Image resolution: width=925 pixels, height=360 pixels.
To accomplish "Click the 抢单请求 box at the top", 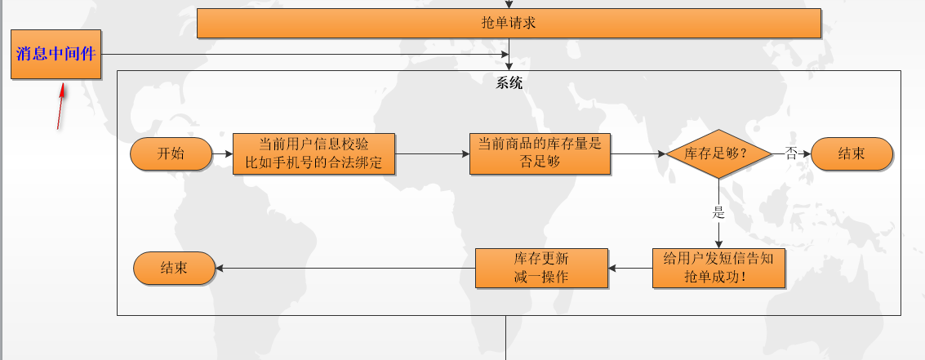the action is tap(508, 23).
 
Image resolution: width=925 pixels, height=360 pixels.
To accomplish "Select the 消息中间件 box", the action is tap(56, 55).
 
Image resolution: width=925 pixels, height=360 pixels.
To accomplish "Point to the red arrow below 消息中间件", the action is tap(61, 105).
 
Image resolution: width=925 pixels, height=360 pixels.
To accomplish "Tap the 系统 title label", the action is tap(509, 82).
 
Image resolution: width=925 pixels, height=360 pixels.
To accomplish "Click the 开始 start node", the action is tap(171, 153).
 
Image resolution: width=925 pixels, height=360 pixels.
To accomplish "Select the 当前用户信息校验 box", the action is tap(314, 153).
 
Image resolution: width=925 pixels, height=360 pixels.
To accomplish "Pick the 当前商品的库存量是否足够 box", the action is tap(539, 153).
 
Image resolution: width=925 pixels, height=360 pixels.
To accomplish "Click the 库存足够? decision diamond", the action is tap(718, 153).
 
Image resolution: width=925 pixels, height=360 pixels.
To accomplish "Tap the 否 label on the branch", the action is tap(791, 153).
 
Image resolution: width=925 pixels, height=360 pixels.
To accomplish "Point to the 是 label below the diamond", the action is tap(718, 214).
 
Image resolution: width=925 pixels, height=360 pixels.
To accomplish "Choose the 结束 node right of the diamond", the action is tap(852, 153).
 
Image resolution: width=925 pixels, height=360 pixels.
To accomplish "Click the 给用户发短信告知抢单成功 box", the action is tap(718, 268).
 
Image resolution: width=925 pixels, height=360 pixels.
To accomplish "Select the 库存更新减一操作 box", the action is tap(541, 268).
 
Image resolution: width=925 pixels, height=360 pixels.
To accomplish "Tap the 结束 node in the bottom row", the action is tap(174, 268).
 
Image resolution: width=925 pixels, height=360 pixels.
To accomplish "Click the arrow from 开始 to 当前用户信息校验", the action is tap(222, 153).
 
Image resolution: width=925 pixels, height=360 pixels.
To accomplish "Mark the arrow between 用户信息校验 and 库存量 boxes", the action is tap(432, 153).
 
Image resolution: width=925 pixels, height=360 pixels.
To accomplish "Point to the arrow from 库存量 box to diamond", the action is tap(638, 153).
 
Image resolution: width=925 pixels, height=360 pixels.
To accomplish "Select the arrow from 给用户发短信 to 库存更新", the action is tap(630, 268).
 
